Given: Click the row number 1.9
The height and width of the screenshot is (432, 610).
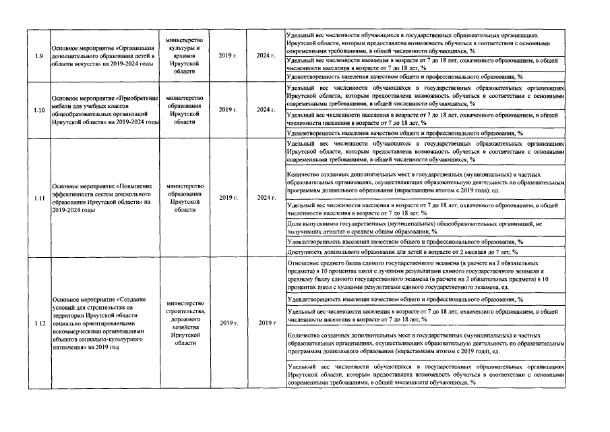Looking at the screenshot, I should tap(40, 55).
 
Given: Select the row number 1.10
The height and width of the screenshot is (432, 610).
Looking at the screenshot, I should tap(39, 109).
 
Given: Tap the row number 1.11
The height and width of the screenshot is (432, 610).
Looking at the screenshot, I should tap(39, 198).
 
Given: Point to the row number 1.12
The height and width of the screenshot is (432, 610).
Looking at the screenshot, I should tap(39, 323).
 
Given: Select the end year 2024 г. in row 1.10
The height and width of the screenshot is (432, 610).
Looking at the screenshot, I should tap(266, 109).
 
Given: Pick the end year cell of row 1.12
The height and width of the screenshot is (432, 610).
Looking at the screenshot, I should tap(266, 323).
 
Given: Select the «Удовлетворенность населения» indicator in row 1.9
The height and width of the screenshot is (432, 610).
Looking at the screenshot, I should tap(404, 77).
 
